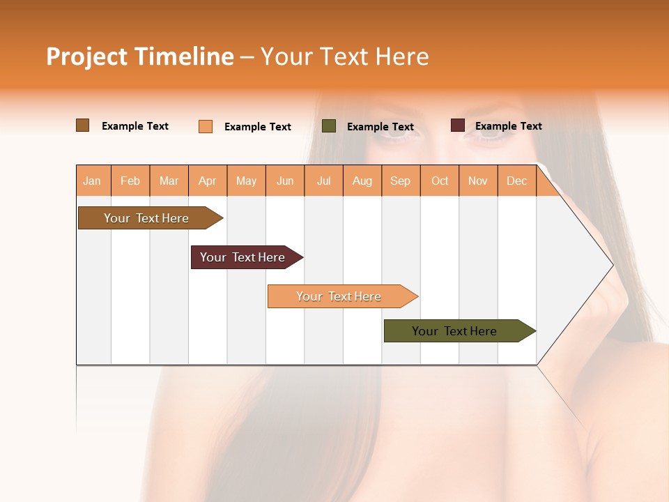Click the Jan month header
(93, 181)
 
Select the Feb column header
(130, 181)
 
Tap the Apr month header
(208, 181)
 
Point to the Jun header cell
(285, 181)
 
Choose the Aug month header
(362, 181)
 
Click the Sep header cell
(401, 181)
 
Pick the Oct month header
(440, 181)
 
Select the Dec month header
(517, 181)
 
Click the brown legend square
(83, 125)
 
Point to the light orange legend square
(206, 126)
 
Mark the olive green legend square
(329, 126)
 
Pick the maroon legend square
(458, 125)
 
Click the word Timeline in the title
(183, 56)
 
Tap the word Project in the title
(86, 56)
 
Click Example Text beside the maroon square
(508, 126)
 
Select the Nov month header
(478, 181)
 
